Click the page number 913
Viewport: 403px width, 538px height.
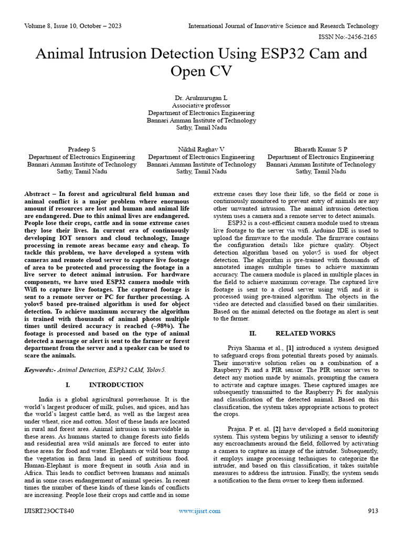[x=373, y=511]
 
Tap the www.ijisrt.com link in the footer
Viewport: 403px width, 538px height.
[x=199, y=511]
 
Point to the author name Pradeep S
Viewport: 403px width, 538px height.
[x=82, y=150]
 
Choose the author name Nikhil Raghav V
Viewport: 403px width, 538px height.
[x=201, y=150]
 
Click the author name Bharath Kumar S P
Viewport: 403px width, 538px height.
[x=321, y=150]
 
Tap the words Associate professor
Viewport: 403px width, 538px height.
[x=201, y=106]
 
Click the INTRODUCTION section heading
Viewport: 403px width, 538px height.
[x=116, y=385]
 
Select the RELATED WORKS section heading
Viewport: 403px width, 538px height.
[x=306, y=334]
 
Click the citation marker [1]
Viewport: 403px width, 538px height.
[x=290, y=348]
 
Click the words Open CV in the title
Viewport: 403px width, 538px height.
[x=201, y=70]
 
